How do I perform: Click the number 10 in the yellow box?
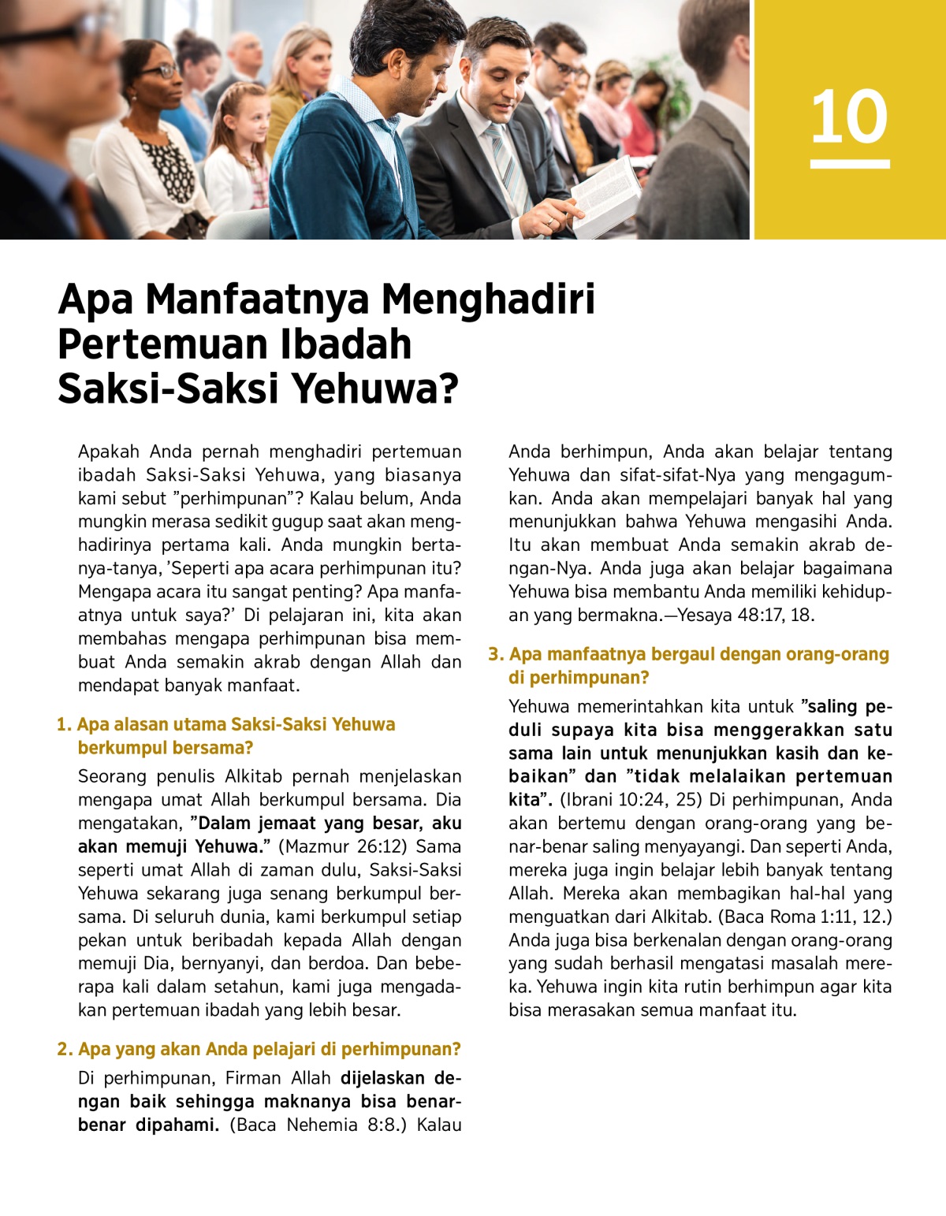(x=849, y=117)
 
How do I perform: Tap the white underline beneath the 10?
(x=849, y=164)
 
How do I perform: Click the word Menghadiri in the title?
(x=488, y=299)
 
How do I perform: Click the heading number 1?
(x=63, y=724)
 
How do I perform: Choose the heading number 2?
(x=64, y=1049)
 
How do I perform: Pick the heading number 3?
(x=495, y=654)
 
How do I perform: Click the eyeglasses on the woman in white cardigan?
(x=159, y=71)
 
